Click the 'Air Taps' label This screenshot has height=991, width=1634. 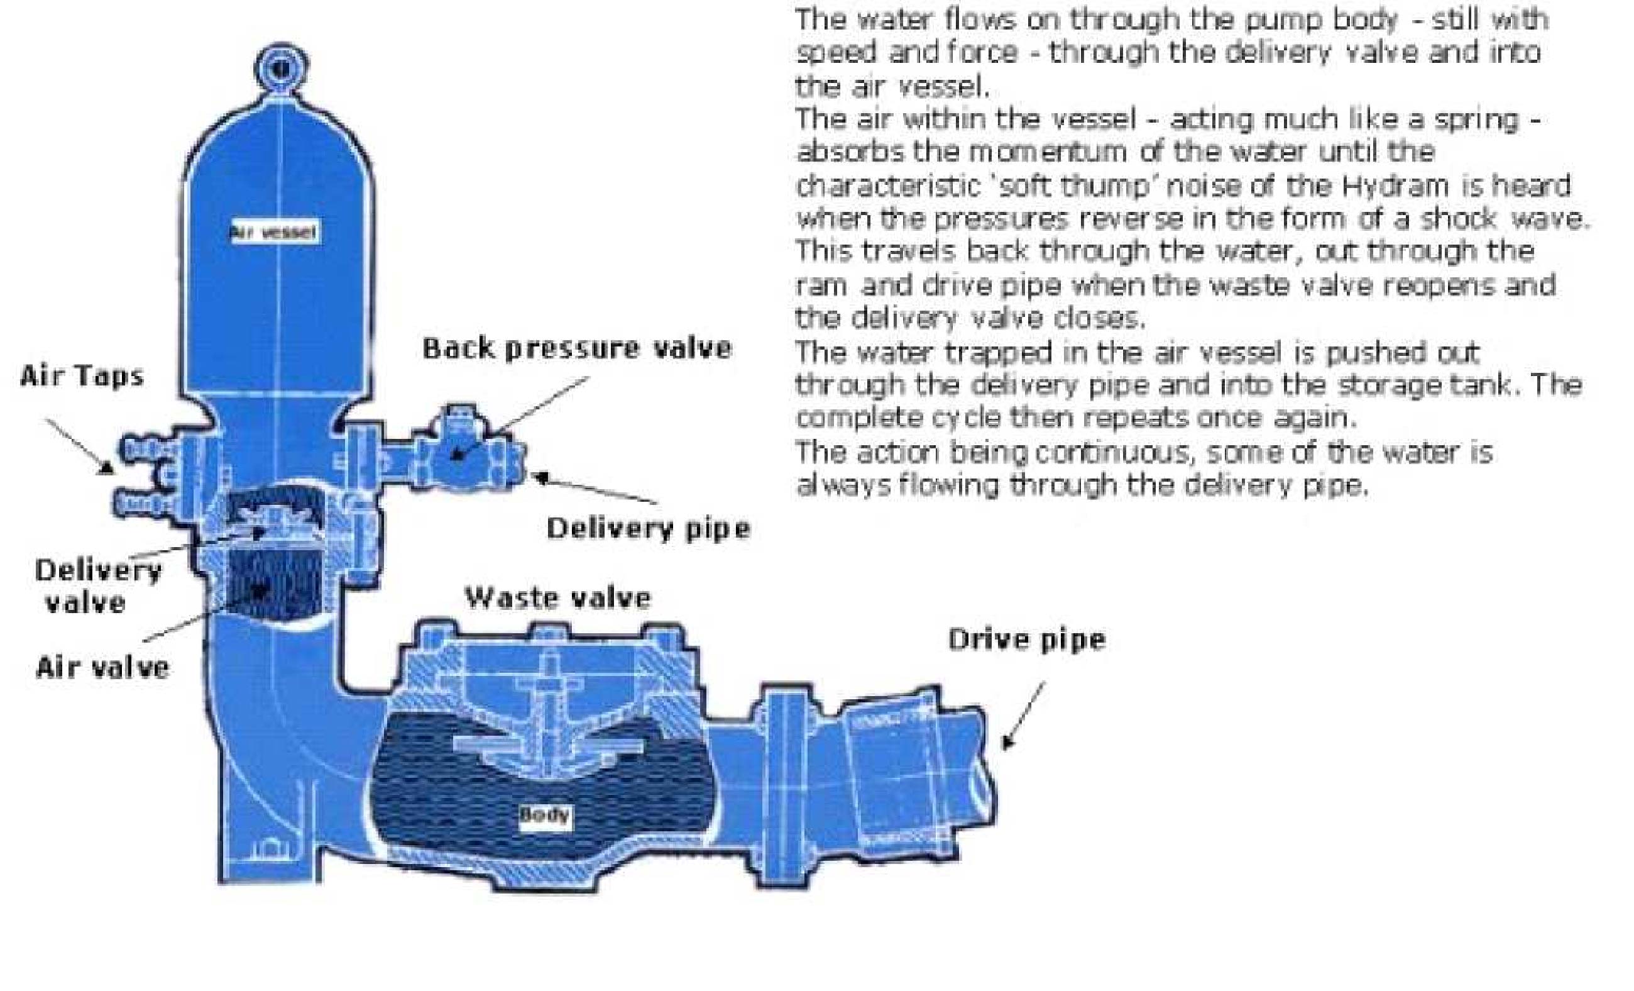(82, 376)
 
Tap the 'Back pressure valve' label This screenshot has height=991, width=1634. (577, 348)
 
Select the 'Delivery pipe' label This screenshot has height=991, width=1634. (648, 529)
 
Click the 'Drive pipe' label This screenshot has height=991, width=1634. (1026, 639)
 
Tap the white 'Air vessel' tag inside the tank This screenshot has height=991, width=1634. (274, 232)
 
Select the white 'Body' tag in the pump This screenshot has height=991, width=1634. (544, 814)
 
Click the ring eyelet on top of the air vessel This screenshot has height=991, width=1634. (282, 67)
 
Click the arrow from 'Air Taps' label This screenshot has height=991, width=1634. (79, 446)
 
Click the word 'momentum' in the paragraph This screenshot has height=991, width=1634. (1047, 153)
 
